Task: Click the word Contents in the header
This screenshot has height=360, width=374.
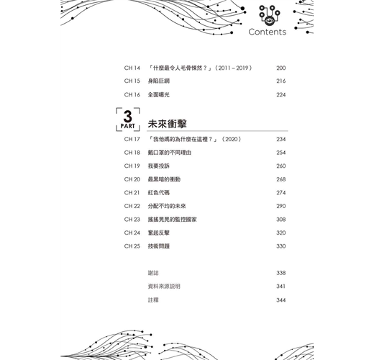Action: click(x=268, y=32)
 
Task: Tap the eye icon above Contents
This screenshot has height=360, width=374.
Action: click(x=270, y=21)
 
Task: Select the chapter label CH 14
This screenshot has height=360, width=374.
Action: click(x=132, y=68)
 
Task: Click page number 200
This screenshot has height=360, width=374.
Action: click(x=281, y=68)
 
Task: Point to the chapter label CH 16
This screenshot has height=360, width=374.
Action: click(x=132, y=95)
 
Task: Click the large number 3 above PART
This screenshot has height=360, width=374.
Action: click(x=128, y=117)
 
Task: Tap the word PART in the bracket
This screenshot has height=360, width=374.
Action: click(x=127, y=126)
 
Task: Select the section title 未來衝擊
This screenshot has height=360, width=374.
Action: click(x=168, y=124)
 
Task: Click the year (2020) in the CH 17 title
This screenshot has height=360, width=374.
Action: click(x=232, y=139)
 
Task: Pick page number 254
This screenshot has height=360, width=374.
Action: click(x=281, y=153)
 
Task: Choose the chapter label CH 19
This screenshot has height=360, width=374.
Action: click(x=132, y=166)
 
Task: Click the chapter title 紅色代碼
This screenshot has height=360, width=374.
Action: click(x=159, y=193)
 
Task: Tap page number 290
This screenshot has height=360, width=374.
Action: click(x=281, y=206)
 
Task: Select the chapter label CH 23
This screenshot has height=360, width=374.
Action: click(x=132, y=220)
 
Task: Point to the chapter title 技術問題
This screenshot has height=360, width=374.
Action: click(x=159, y=246)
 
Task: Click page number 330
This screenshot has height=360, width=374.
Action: click(x=281, y=246)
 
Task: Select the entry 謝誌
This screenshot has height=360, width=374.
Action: click(x=153, y=273)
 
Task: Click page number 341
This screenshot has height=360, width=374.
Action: click(x=281, y=287)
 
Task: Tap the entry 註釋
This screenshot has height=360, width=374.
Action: click(x=153, y=300)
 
